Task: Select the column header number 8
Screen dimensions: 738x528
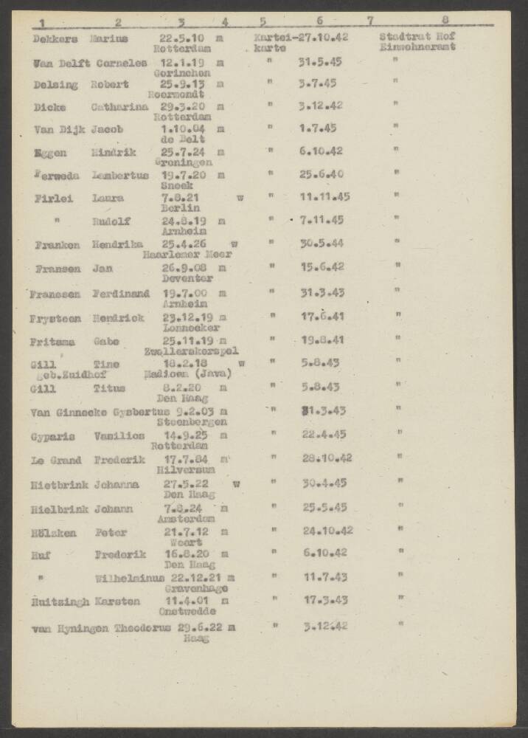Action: [445, 21]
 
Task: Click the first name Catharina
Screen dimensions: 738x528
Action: [119, 107]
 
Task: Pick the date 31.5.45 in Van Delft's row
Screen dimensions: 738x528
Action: [318, 62]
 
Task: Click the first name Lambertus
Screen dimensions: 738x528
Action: [120, 175]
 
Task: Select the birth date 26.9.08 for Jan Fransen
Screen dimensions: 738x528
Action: [184, 268]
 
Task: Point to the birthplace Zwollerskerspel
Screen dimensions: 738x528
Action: [191, 351]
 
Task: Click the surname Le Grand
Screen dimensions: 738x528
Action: [55, 460]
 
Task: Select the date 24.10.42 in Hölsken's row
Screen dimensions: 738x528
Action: [327, 530]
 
